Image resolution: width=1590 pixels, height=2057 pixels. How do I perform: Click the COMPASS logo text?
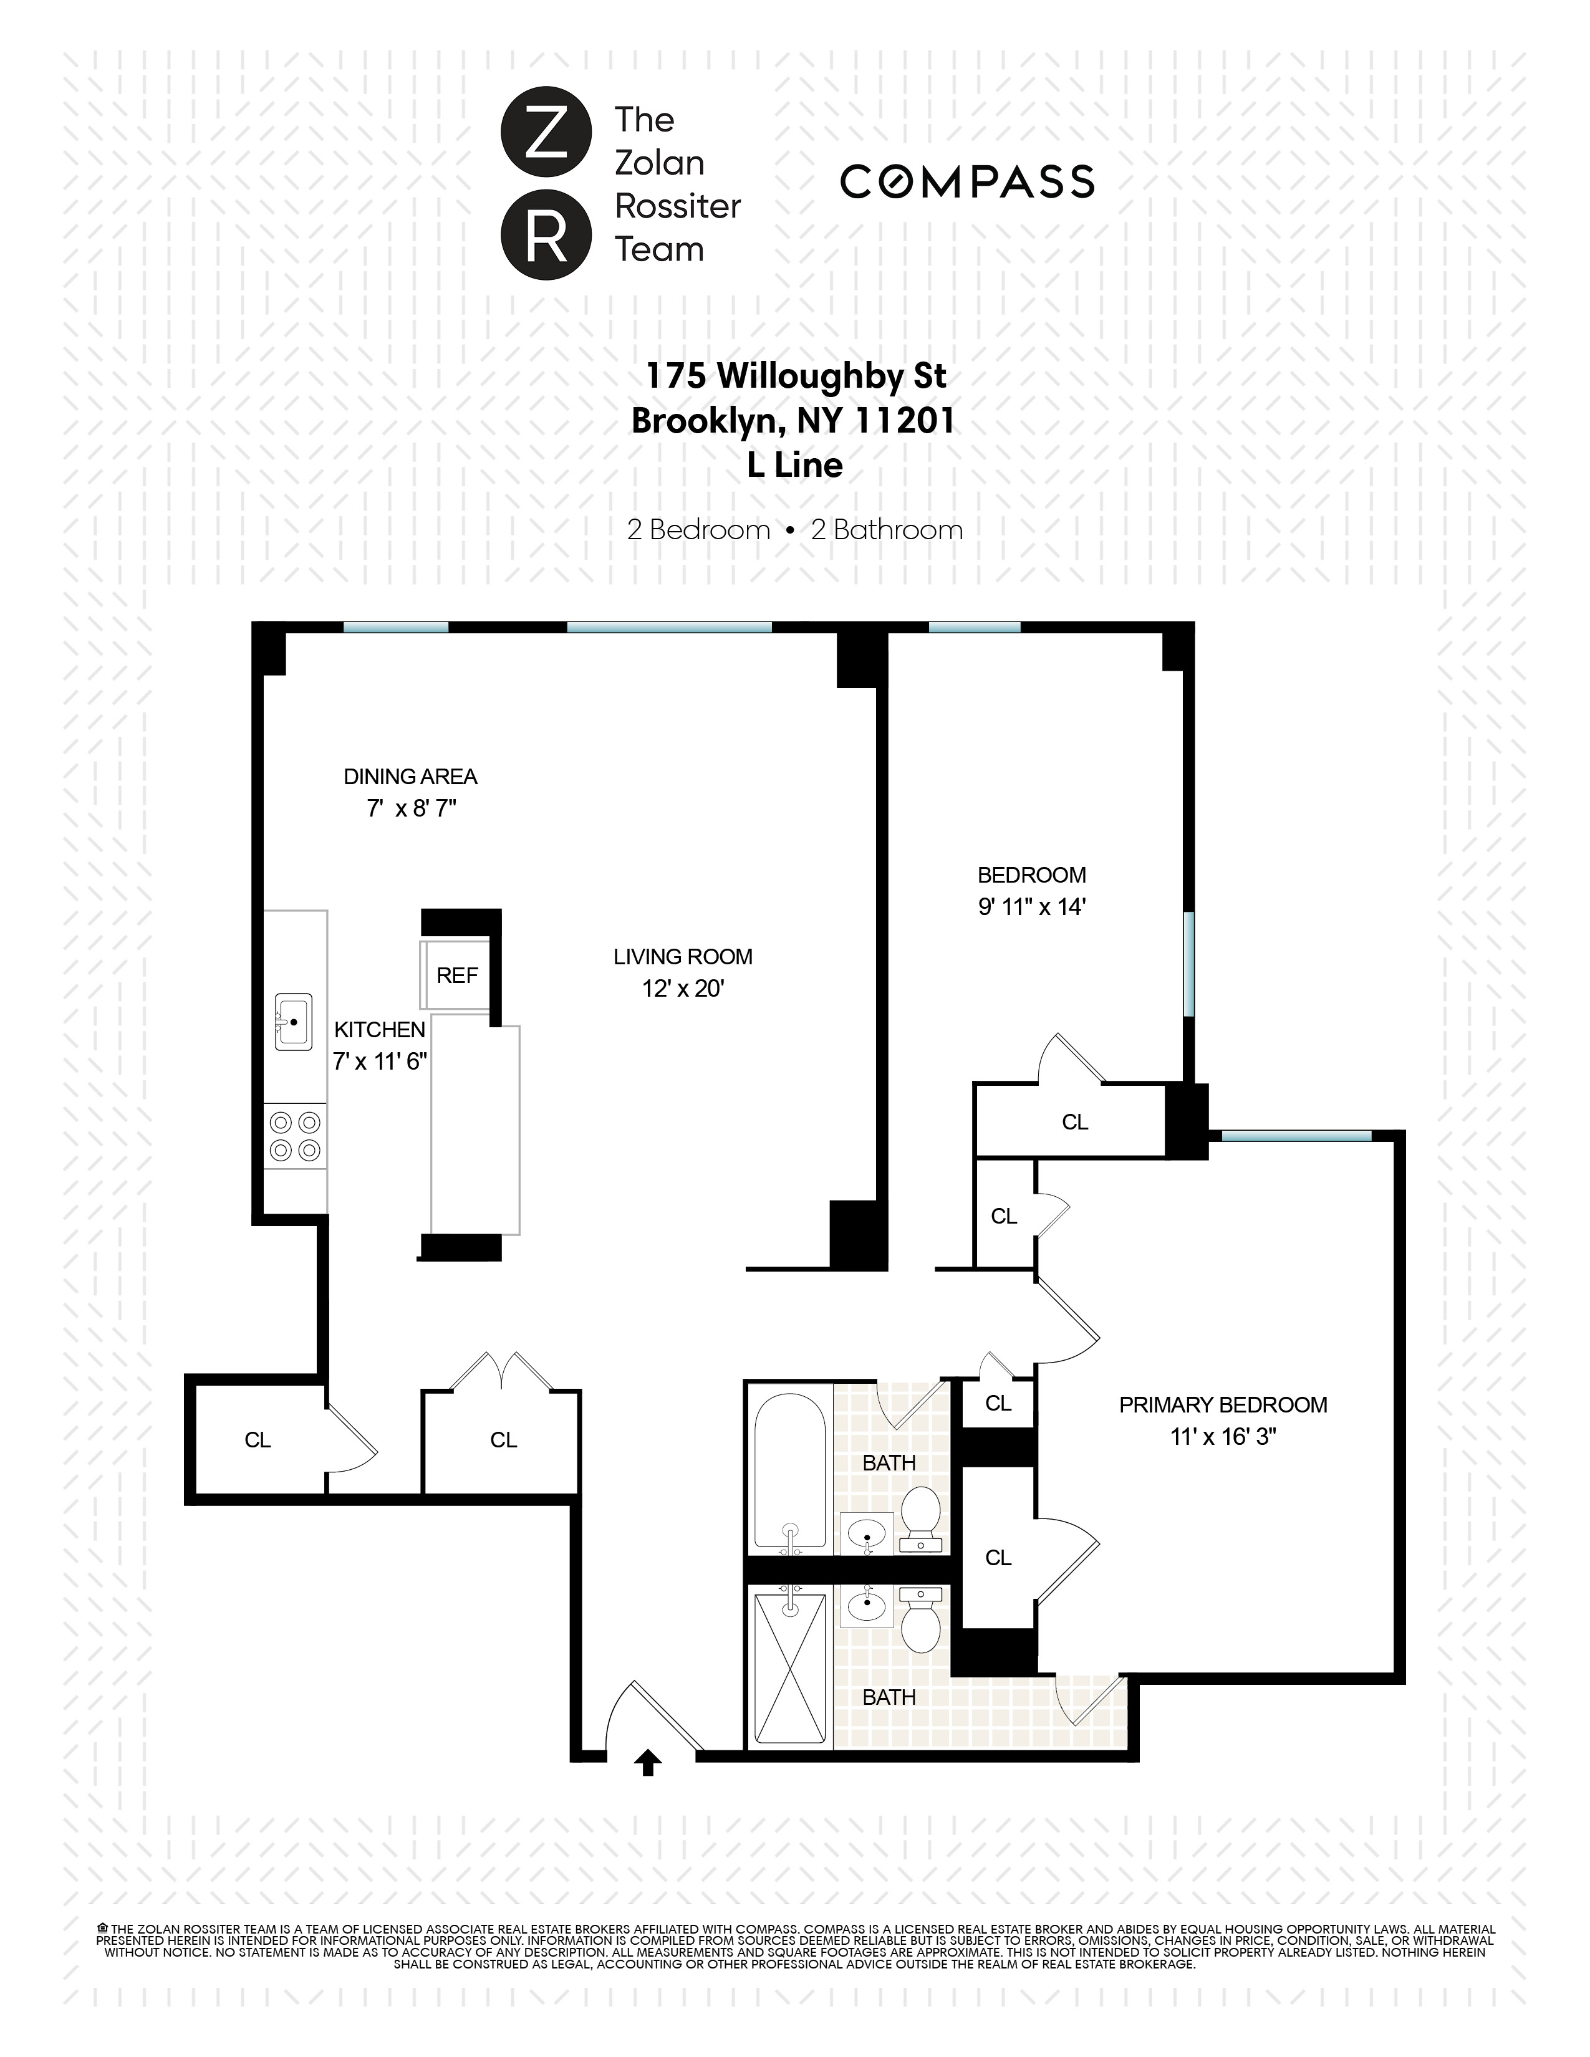click(x=966, y=182)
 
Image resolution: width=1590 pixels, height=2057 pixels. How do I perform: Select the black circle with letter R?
click(x=546, y=234)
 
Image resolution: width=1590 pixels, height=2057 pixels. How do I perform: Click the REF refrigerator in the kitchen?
click(x=457, y=976)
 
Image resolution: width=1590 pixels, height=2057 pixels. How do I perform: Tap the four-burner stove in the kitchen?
click(x=295, y=1136)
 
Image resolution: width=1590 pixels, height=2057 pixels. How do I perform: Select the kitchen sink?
click(x=293, y=1022)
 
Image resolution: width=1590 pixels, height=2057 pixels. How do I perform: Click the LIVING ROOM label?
click(x=683, y=957)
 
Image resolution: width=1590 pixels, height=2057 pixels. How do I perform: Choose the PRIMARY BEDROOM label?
click(x=1223, y=1405)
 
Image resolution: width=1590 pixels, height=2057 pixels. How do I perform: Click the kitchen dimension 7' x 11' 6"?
click(x=380, y=1062)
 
